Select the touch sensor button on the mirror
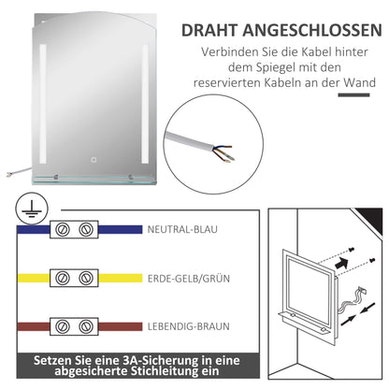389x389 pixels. pyautogui.click(x=79, y=157)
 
